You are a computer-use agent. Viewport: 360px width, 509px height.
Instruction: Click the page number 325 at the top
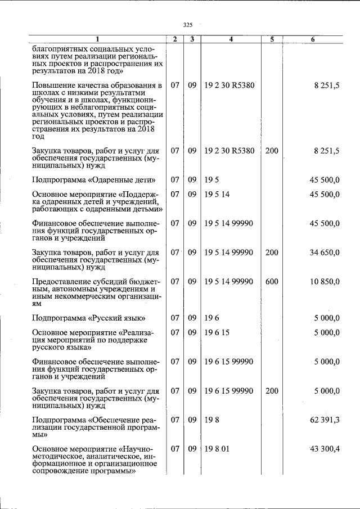tap(188, 25)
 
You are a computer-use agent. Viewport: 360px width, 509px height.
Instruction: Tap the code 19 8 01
tap(218, 448)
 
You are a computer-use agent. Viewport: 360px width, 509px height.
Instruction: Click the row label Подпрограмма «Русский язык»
tap(89, 318)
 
